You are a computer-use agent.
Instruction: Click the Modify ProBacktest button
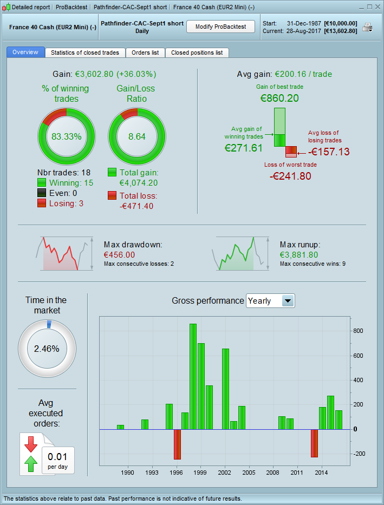click(220, 27)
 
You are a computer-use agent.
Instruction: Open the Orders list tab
click(145, 53)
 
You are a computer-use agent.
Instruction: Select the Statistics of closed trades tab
click(85, 53)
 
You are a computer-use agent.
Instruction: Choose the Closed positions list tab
click(197, 53)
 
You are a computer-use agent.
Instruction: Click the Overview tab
click(25, 53)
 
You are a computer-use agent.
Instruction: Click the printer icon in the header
click(367, 27)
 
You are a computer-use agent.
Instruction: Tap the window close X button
click(377, 7)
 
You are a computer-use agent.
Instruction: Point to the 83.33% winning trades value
click(66, 136)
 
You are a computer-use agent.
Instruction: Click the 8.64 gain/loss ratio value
click(137, 136)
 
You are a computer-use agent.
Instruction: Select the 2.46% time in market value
click(47, 349)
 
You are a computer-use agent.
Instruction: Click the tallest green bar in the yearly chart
click(193, 376)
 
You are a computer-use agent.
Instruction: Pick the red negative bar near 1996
click(177, 444)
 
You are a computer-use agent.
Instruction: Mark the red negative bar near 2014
click(314, 443)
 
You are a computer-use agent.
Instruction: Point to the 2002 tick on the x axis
click(224, 473)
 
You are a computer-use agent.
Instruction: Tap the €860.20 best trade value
click(279, 98)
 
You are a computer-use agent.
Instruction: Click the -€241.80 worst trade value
click(290, 175)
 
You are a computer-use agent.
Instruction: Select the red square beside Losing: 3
click(42, 203)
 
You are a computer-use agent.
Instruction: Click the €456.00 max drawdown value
click(119, 254)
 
